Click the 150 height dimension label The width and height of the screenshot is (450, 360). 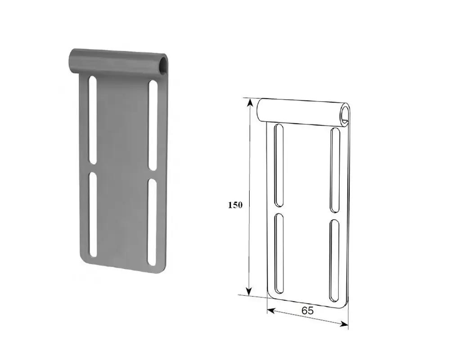pyautogui.click(x=235, y=205)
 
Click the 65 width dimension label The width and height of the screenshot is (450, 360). pyautogui.click(x=307, y=310)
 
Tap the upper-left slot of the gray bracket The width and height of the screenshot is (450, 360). pyautogui.click(x=92, y=120)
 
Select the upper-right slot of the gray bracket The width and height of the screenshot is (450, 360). pyautogui.click(x=153, y=126)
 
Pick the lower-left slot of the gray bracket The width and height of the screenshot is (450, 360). pyautogui.click(x=93, y=214)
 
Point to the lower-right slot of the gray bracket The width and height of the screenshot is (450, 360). pyautogui.click(x=152, y=222)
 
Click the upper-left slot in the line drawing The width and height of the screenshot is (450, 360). pyautogui.click(x=279, y=165)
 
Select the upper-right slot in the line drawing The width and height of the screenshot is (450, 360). pyautogui.click(x=335, y=171)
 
